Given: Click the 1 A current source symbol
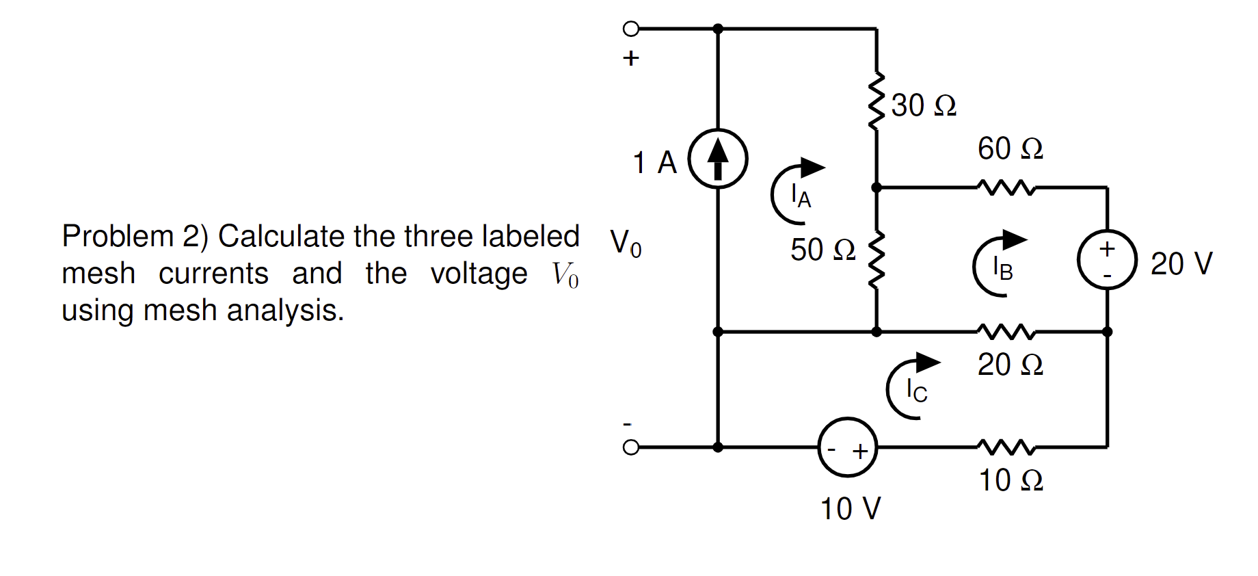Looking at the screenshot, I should coord(717,159).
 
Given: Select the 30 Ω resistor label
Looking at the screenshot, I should coord(923,105).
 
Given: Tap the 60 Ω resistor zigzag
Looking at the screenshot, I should coord(1006,187).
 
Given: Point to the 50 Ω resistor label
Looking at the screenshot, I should coord(822,250).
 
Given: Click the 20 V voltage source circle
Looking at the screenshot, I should coord(1107,259).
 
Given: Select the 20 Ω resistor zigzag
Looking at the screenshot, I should coord(1006,332).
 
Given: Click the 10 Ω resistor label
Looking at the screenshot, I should coord(1011,480).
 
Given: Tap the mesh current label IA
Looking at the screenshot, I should coord(800,196).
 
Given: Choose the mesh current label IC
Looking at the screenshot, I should coord(916,391).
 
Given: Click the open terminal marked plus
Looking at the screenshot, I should coord(630,29).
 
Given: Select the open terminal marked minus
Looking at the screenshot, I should coord(630,447).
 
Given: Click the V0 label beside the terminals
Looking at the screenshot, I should coord(626,243).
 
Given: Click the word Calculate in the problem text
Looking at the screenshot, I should coord(282,237).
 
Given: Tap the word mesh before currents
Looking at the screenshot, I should coord(98,274).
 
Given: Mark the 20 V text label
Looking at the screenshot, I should coord(1181,263).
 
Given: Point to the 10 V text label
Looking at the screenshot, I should coord(851,508).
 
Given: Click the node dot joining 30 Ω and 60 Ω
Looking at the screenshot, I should coord(876,187).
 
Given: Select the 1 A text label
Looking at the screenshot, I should coord(654,163).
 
